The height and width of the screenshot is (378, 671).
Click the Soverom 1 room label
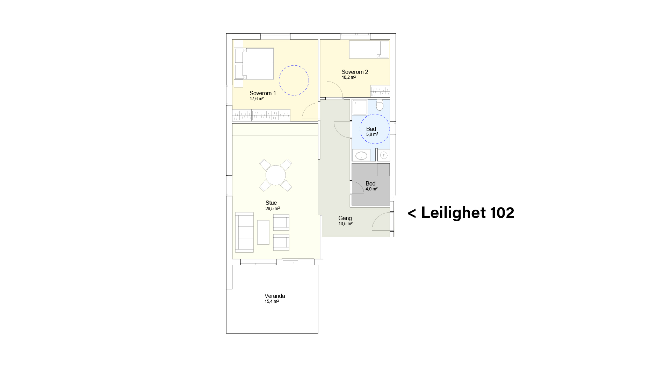[x=263, y=93]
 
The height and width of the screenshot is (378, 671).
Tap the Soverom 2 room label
[x=355, y=72]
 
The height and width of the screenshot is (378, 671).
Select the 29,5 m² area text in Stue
[x=272, y=209]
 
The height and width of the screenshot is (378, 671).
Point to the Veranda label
[x=275, y=296]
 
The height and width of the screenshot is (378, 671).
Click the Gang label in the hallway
[x=345, y=218]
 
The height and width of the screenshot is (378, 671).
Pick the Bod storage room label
[x=370, y=183]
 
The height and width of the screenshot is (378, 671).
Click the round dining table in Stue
[x=276, y=175]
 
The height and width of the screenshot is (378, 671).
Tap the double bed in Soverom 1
[x=254, y=64]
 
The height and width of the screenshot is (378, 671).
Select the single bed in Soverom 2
[x=369, y=49]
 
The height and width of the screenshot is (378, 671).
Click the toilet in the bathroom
[x=380, y=105]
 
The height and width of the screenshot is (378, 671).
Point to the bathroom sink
[x=361, y=155]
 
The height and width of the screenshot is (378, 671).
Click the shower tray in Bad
[x=360, y=107]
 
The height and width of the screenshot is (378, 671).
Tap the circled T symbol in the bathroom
[x=384, y=155]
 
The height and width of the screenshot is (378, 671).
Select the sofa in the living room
[x=244, y=232]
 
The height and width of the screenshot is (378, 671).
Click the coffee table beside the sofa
[x=264, y=232]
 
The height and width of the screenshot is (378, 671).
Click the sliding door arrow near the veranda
[x=293, y=263]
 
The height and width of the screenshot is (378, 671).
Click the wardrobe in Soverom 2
[x=380, y=91]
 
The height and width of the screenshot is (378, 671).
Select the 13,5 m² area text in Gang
[x=345, y=224]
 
